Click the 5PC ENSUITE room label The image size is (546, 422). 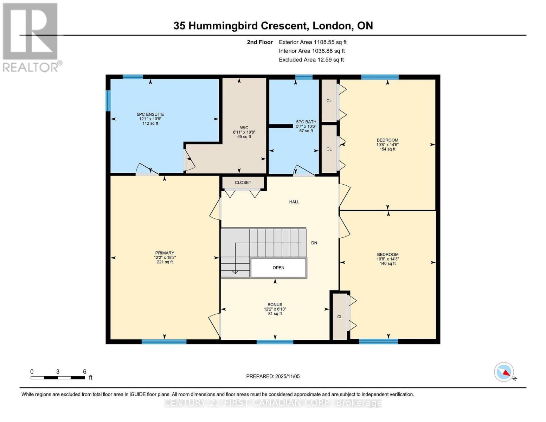pyautogui.click(x=150, y=114)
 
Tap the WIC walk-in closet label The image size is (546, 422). pyautogui.click(x=244, y=128)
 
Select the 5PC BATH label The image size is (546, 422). pyautogui.click(x=306, y=122)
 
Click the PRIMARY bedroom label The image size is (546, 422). pyautogui.click(x=165, y=253)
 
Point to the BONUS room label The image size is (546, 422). pyautogui.click(x=275, y=305)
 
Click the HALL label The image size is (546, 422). pyautogui.click(x=294, y=202)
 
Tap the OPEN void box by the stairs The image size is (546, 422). pyautogui.click(x=278, y=268)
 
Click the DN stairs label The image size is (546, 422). pyautogui.click(x=314, y=243)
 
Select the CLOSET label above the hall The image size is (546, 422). pyautogui.click(x=243, y=183)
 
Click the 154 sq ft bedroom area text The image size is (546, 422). pyautogui.click(x=387, y=149)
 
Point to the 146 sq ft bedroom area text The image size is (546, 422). pyautogui.click(x=388, y=263)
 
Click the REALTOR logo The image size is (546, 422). pyautogui.click(x=31, y=37)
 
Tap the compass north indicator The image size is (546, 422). pyautogui.click(x=505, y=372)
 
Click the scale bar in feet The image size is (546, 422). pyautogui.click(x=58, y=378)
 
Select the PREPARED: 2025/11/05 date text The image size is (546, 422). pyautogui.click(x=273, y=376)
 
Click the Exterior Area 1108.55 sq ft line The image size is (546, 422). pyautogui.click(x=313, y=42)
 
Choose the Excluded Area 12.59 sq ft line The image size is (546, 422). pyautogui.click(x=311, y=60)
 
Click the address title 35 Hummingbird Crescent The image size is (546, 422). pyautogui.click(x=273, y=26)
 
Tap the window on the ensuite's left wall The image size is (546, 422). pyautogui.click(x=108, y=101)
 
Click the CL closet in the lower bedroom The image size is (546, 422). pyautogui.click(x=340, y=316)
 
